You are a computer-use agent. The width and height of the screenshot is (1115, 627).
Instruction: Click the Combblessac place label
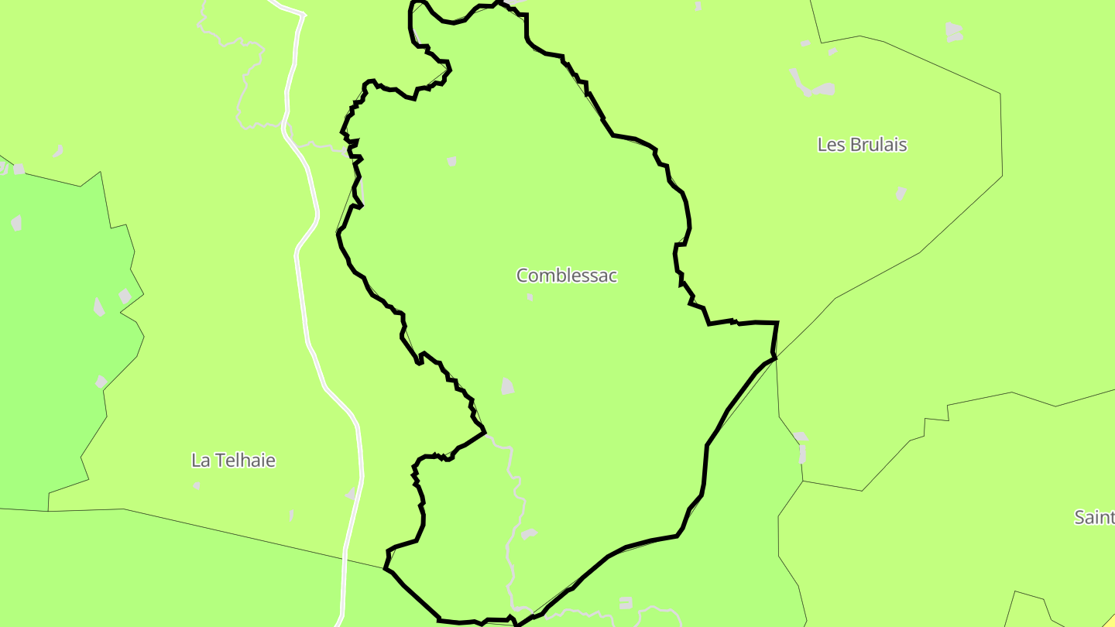(x=567, y=276)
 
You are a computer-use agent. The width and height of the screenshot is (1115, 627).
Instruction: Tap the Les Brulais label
(x=862, y=145)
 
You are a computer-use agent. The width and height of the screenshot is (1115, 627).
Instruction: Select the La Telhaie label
(x=233, y=461)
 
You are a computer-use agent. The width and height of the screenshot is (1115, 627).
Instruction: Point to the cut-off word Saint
(x=1094, y=517)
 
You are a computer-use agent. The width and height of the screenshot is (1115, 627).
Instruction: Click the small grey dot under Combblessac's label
(x=530, y=296)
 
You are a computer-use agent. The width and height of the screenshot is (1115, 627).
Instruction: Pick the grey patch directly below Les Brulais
(x=901, y=193)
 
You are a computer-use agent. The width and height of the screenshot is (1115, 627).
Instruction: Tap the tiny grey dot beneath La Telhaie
(x=197, y=486)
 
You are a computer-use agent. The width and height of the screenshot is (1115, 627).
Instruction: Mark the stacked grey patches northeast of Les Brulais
(x=954, y=32)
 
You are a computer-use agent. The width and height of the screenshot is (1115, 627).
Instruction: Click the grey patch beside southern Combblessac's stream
(x=529, y=533)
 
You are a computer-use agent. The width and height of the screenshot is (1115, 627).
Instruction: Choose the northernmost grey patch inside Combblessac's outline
(x=452, y=161)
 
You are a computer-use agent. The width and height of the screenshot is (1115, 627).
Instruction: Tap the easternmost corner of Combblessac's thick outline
(x=776, y=324)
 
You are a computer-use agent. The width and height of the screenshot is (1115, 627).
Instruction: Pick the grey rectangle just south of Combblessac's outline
(x=625, y=602)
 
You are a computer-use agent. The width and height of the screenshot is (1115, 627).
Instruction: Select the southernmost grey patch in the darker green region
(x=101, y=382)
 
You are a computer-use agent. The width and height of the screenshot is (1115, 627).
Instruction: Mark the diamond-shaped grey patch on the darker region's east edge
(x=125, y=296)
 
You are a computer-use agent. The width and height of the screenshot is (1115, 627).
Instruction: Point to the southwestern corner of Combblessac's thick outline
(x=386, y=569)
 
